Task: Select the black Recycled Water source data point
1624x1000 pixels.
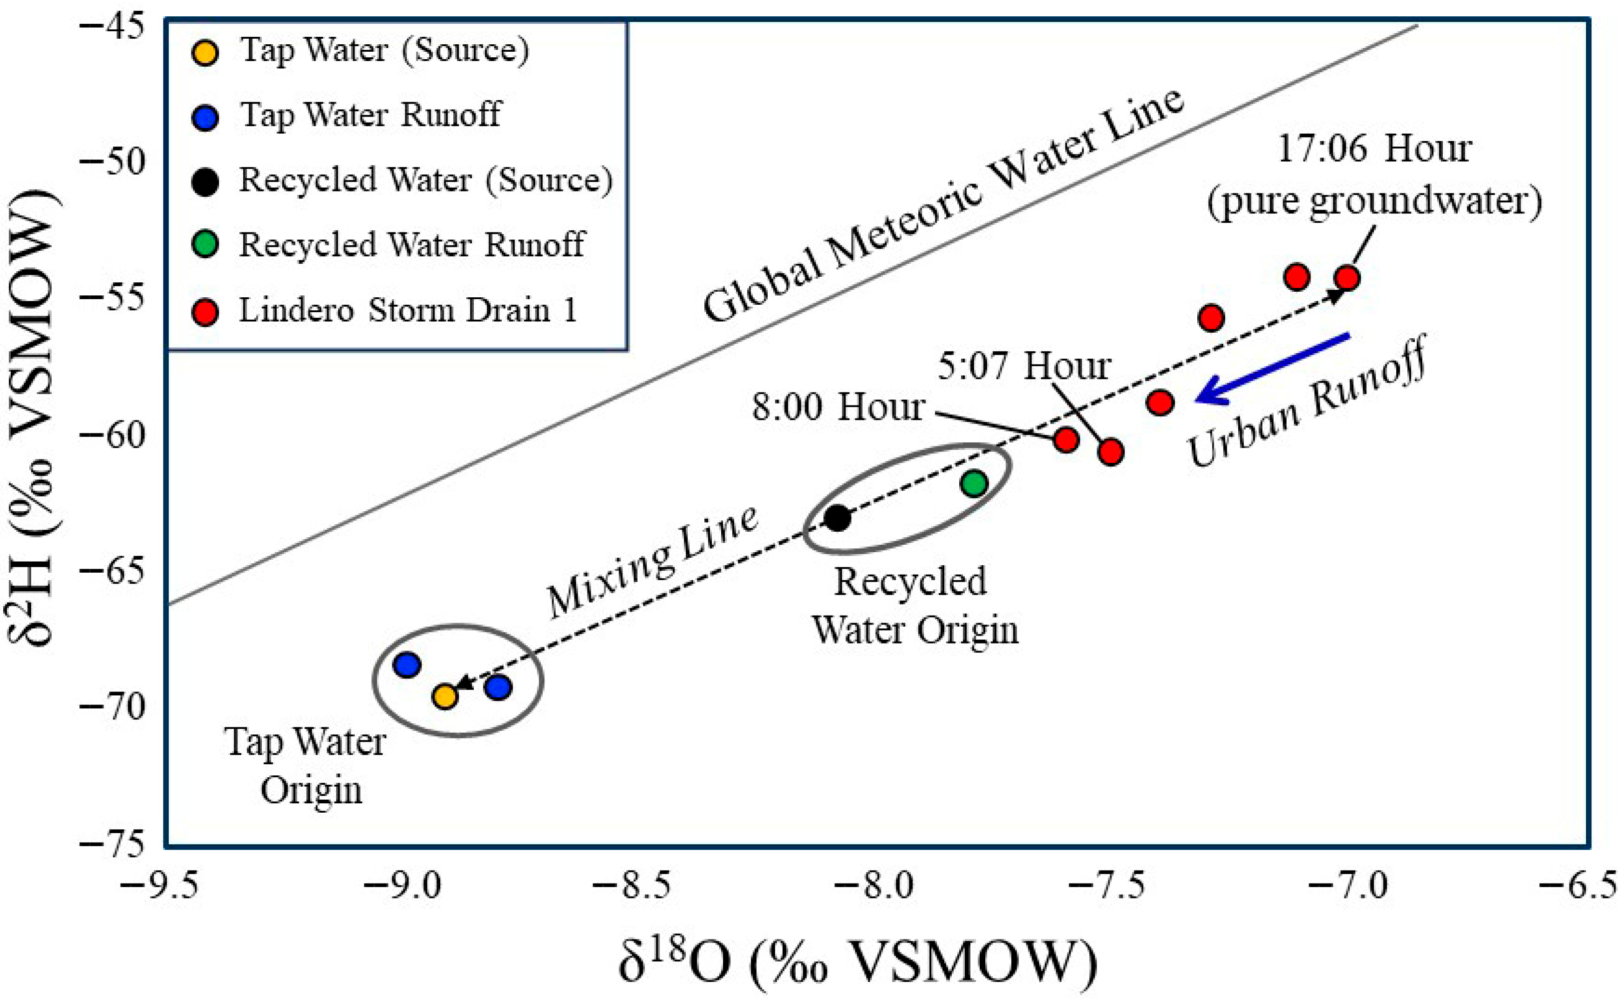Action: tap(838, 518)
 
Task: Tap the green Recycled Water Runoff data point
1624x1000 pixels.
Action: tap(975, 484)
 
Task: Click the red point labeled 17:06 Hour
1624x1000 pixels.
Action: tap(1347, 278)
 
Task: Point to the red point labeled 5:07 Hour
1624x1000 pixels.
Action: tap(1111, 452)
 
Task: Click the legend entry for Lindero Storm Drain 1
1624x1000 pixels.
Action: tap(407, 310)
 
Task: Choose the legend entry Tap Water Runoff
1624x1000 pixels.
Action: tap(370, 115)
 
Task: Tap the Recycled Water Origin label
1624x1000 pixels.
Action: tap(914, 605)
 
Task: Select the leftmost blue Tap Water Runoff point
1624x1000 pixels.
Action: tap(406, 664)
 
